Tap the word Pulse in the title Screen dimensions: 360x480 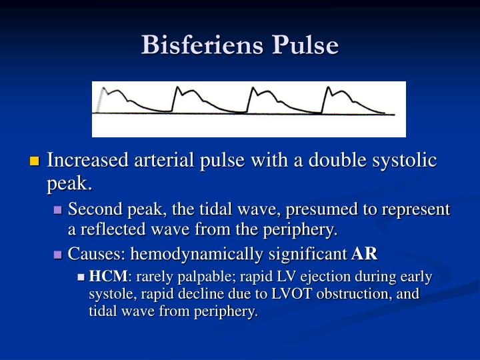[305, 45]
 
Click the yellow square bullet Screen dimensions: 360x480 [35, 161]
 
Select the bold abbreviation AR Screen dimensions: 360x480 [365, 253]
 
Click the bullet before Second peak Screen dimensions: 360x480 [58, 210]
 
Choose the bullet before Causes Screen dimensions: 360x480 [58, 254]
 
